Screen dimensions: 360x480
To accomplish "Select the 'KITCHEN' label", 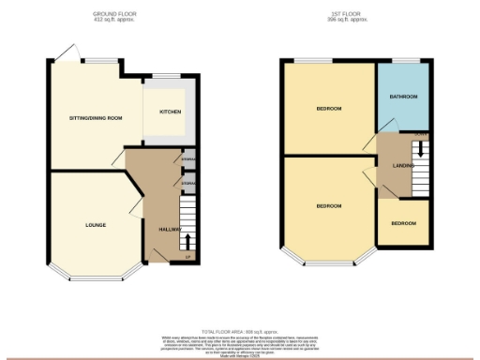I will pyautogui.click(x=170, y=112).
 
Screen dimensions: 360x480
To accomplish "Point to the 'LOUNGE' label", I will pyautogui.click(x=95, y=225).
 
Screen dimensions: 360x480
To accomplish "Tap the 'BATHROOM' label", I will pyautogui.click(x=403, y=97).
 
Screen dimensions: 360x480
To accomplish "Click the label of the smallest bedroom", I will pyautogui.click(x=403, y=223).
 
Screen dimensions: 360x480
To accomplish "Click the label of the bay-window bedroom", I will pyautogui.click(x=328, y=205).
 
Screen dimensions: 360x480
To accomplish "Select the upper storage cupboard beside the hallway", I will pyautogui.click(x=187, y=160).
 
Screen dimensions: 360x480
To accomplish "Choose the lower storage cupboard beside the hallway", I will pyautogui.click(x=187, y=183).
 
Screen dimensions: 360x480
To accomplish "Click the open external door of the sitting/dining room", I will pyautogui.click(x=64, y=54).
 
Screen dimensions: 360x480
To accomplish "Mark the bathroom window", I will pyautogui.click(x=403, y=62).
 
